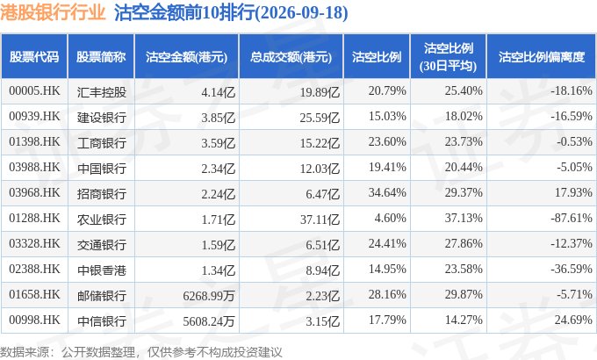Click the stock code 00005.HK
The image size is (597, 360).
(x=34, y=91)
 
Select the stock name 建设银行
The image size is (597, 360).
(x=101, y=118)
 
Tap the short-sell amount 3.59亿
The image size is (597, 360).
(x=218, y=143)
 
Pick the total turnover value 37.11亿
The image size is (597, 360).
(x=320, y=219)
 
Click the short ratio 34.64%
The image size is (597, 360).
(x=387, y=192)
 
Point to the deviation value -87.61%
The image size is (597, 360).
(x=572, y=218)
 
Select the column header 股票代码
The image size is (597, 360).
(x=34, y=57)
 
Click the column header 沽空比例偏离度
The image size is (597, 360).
(x=542, y=57)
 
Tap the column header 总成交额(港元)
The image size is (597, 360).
(x=291, y=57)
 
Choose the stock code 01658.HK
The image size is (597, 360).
(x=34, y=294)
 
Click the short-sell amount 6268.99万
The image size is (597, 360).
(x=209, y=296)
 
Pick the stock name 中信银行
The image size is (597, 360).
(x=101, y=321)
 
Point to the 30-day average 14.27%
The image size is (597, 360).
(x=464, y=320)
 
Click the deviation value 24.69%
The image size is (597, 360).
(x=573, y=320)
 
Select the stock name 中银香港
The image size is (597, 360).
(x=101, y=270)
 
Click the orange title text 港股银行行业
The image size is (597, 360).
(x=53, y=12)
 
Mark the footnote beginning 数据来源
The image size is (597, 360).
(x=140, y=352)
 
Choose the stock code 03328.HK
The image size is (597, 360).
(x=34, y=243)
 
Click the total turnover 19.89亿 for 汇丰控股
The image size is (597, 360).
(x=320, y=92)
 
